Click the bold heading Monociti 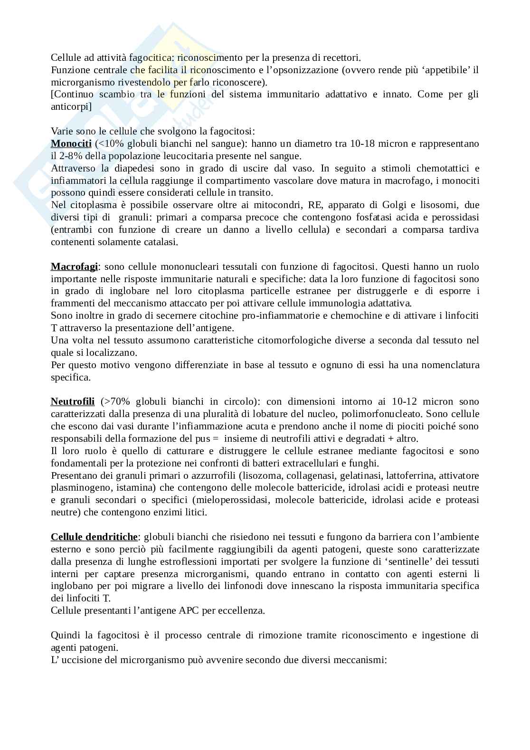(71, 143)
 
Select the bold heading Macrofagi (74, 266)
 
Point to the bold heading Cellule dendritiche (94, 537)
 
